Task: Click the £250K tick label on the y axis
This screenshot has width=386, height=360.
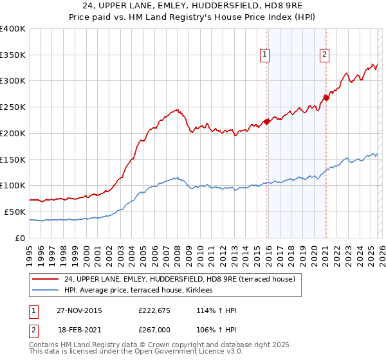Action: tap(13, 107)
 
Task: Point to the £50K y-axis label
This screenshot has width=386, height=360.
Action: tap(15, 212)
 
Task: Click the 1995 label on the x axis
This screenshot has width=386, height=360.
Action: tap(29, 249)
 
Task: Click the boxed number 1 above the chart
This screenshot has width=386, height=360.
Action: tap(266, 55)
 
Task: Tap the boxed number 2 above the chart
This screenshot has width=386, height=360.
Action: tap(325, 55)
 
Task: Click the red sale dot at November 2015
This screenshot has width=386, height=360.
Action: tap(266, 122)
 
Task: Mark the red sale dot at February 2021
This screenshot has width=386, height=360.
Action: tap(326, 98)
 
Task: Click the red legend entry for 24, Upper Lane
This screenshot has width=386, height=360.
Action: tap(179, 279)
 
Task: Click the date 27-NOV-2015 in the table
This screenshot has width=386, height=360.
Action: tap(79, 310)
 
